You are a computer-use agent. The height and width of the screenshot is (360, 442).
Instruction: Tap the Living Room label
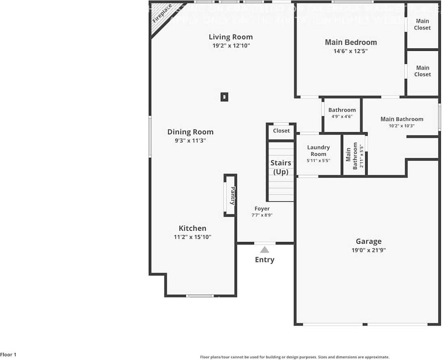click(231, 37)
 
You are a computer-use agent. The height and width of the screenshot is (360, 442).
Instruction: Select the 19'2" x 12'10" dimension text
click(231, 46)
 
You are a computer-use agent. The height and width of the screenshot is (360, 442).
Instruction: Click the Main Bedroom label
click(351, 42)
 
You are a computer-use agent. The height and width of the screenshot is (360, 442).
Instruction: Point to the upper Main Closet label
click(422, 24)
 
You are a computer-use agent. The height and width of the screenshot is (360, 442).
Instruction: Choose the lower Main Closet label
click(422, 71)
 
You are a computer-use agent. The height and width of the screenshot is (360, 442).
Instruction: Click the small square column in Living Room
click(224, 97)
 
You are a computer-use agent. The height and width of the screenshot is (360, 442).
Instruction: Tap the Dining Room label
click(190, 132)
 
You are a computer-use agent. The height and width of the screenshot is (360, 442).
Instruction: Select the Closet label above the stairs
click(281, 131)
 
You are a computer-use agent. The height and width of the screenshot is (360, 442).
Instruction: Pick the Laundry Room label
click(318, 151)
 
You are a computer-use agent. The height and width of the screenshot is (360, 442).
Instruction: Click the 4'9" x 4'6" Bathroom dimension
click(342, 117)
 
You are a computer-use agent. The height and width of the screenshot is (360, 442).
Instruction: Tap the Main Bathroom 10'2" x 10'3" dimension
click(402, 126)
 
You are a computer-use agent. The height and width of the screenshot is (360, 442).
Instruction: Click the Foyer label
click(262, 209)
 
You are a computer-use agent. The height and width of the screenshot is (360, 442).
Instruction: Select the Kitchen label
click(192, 228)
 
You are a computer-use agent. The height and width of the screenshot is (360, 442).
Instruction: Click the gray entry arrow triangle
click(265, 250)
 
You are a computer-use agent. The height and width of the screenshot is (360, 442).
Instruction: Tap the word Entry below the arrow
click(265, 260)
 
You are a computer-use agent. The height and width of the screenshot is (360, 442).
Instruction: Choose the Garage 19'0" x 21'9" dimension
click(368, 251)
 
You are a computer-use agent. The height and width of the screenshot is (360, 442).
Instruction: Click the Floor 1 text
click(9, 355)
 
